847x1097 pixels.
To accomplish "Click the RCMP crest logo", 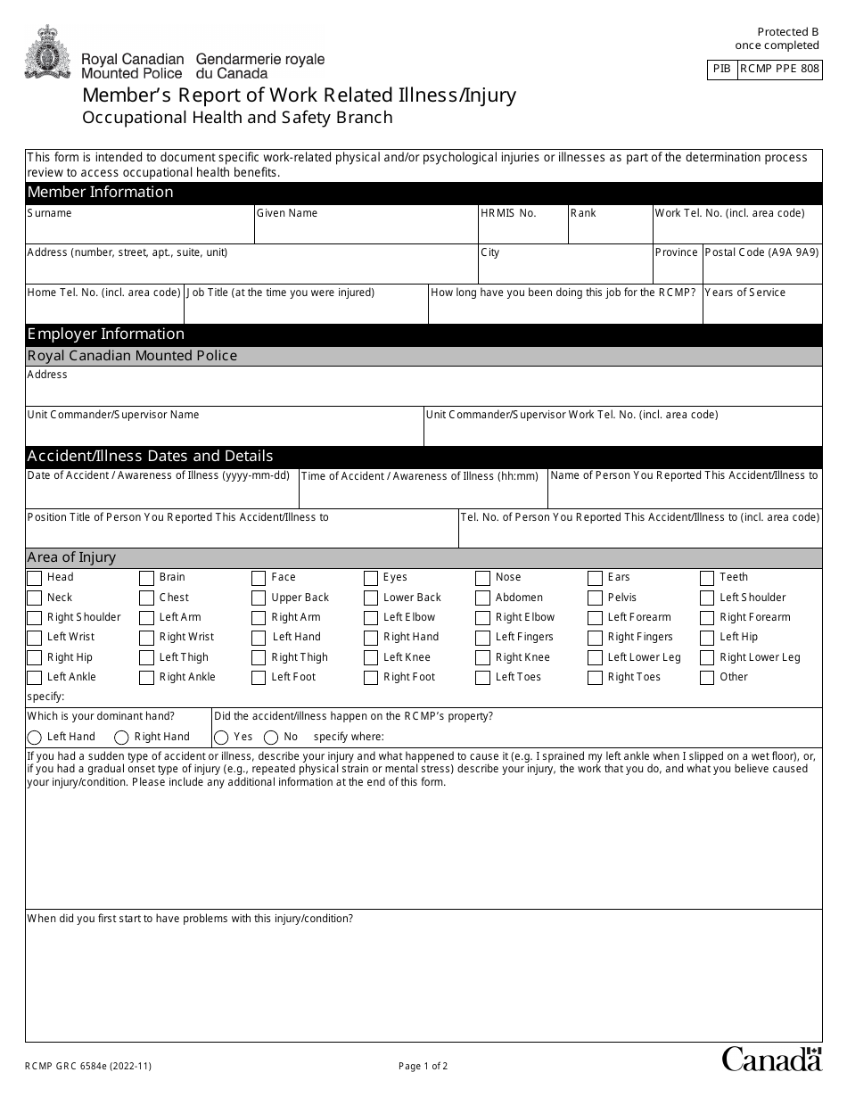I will click(x=42, y=53).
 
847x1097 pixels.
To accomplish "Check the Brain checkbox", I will click(x=146, y=578).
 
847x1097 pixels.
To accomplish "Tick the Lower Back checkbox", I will click(x=371, y=598).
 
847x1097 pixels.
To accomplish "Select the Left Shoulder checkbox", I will click(x=707, y=598).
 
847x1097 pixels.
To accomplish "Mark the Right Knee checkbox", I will click(x=482, y=658).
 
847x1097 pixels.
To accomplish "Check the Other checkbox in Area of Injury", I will click(x=707, y=678).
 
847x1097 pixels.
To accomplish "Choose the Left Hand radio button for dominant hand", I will click(x=35, y=738).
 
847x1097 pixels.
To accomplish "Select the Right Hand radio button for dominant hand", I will click(x=122, y=738).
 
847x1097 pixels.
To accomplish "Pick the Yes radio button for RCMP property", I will click(x=221, y=738).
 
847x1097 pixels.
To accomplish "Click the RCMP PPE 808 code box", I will click(x=779, y=70).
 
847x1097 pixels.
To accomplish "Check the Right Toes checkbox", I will click(x=595, y=678).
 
